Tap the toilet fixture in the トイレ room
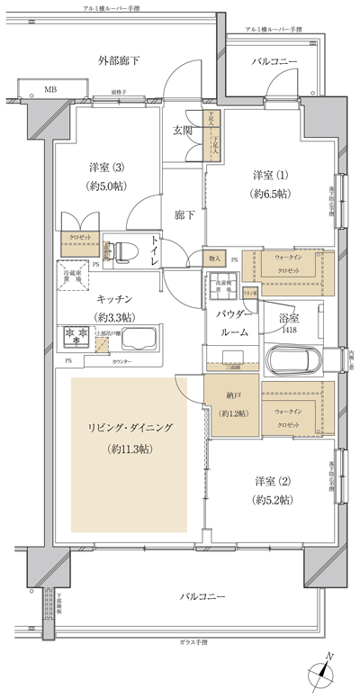coord(121,250)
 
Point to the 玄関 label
coord(183,131)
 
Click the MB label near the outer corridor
coord(49,90)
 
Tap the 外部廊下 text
coord(120,60)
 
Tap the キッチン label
coord(115,298)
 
